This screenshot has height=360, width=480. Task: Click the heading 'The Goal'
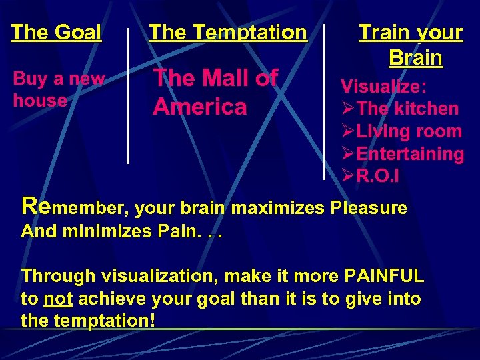pyautogui.click(x=57, y=32)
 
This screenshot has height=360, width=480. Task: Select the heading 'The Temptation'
pyautogui.click(x=228, y=32)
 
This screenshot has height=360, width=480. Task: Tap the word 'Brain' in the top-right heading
pyautogui.click(x=415, y=58)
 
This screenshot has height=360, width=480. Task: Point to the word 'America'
pyautogui.click(x=199, y=107)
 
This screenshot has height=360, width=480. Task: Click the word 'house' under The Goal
pyautogui.click(x=40, y=101)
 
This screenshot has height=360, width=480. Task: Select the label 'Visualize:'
pyautogui.click(x=384, y=86)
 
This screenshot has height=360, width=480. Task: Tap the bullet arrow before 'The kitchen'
pyautogui.click(x=348, y=109)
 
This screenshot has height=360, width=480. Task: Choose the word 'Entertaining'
pyautogui.click(x=410, y=154)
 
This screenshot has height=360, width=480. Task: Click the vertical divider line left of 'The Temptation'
pyautogui.click(x=128, y=93)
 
